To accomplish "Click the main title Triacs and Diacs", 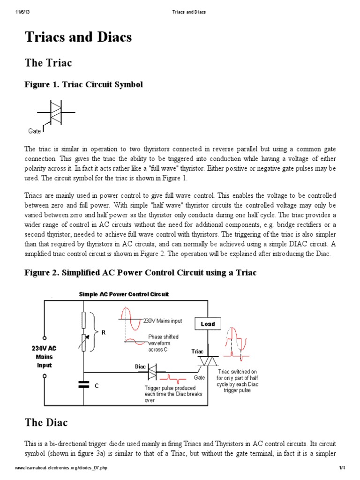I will click(x=78, y=37).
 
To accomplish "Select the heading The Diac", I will click(x=46, y=422).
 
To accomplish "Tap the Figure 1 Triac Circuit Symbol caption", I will click(x=83, y=84).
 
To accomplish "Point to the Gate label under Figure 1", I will click(x=35, y=131).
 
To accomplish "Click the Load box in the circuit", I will click(x=208, y=324).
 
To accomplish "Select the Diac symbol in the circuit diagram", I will click(x=153, y=373).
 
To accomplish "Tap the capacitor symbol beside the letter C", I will click(x=84, y=384).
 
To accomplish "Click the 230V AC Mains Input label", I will click(x=45, y=356).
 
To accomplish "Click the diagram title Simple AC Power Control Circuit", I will click(x=124, y=294).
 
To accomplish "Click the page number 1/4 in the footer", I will click(x=342, y=468).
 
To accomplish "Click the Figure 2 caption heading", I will click(x=140, y=272).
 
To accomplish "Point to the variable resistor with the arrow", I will click(x=84, y=343).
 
